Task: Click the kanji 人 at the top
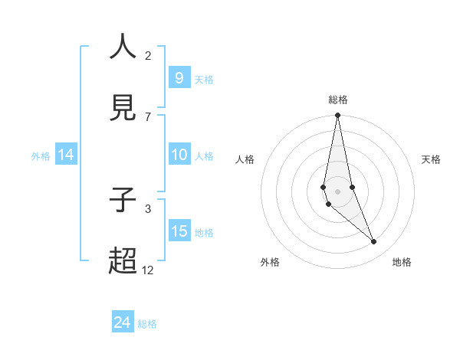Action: pos(123,47)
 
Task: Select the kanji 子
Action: pos(123,201)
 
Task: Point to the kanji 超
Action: pos(123,261)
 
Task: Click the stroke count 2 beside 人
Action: pos(148,56)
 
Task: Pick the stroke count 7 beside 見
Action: pos(148,116)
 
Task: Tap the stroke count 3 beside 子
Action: pos(148,208)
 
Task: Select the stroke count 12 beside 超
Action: pos(148,270)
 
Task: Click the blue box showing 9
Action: pos(179,78)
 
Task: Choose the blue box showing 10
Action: pos(179,155)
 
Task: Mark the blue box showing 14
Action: pos(66,155)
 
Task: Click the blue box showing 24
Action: pos(123,322)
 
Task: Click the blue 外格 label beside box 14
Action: pos(41,155)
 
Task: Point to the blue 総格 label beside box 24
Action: pos(147,324)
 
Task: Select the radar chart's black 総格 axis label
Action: pos(338,100)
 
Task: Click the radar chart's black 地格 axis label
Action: pos(402,262)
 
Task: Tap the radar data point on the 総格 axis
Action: pos(337,116)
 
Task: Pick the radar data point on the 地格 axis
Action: pos(374,242)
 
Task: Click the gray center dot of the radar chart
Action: pos(337,191)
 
